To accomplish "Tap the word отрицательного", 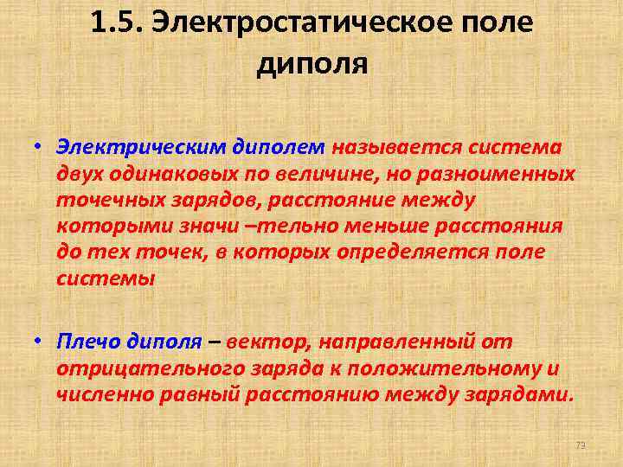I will coord(140,369).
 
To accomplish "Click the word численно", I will coord(102,395).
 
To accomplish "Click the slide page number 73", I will coord(581,445).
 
